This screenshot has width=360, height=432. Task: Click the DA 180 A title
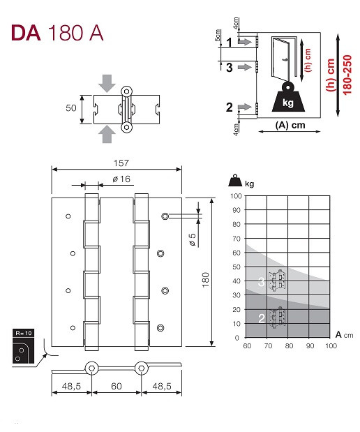(57, 33)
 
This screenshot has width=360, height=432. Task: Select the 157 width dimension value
(121, 163)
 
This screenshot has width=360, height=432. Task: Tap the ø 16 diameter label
(121, 179)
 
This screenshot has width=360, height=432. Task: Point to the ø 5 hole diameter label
(193, 239)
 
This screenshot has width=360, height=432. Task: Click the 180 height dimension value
(206, 280)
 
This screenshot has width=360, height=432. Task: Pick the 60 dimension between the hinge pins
(117, 386)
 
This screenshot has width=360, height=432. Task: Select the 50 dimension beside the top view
(71, 107)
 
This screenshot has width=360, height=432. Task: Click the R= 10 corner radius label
(24, 333)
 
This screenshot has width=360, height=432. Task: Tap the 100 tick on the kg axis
(236, 196)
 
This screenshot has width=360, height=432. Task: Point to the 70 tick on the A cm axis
(268, 345)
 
